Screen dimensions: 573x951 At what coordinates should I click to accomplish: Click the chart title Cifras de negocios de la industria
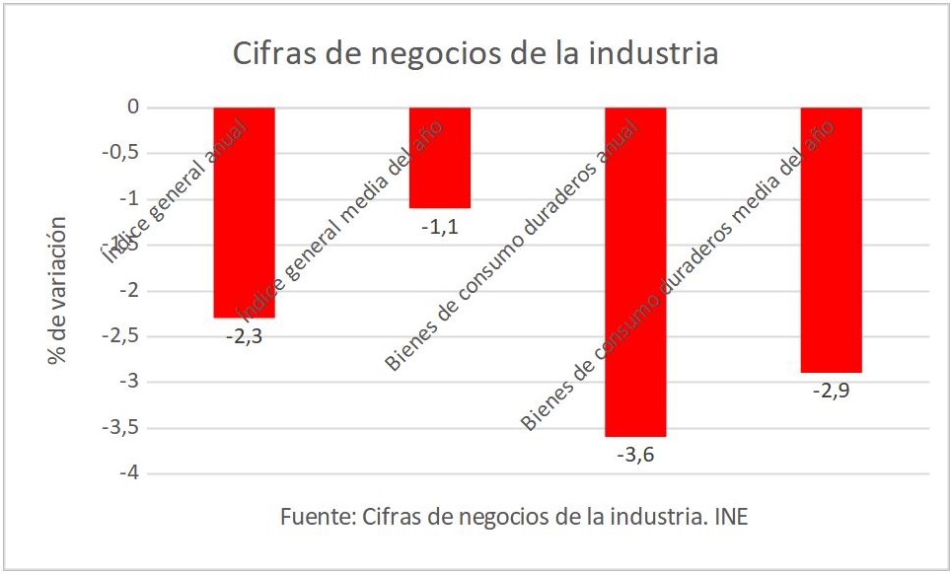tap(475, 54)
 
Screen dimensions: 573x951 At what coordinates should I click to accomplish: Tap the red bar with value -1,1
tap(440, 158)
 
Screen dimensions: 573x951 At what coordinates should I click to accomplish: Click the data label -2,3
tap(244, 335)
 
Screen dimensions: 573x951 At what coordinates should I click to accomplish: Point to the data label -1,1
tap(440, 226)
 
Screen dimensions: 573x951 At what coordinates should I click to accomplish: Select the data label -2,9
tap(832, 391)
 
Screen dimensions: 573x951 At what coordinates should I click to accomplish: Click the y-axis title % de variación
tap(58, 290)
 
